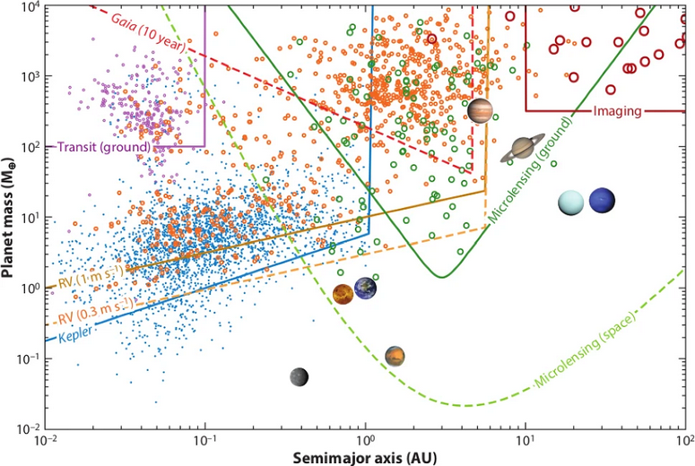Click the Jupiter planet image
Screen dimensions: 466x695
click(480, 111)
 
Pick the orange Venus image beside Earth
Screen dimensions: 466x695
click(343, 294)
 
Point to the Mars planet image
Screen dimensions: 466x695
click(395, 357)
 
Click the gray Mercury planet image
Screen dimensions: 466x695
click(300, 377)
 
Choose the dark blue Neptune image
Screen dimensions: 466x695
click(603, 201)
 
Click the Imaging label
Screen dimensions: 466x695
click(617, 111)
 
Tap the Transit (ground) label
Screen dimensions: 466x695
click(103, 147)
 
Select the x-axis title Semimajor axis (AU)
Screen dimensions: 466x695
click(364, 456)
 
